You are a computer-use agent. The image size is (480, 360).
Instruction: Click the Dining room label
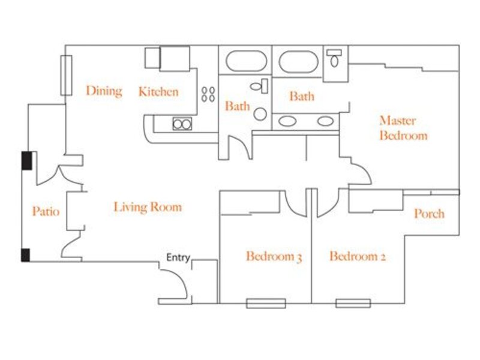point(104,91)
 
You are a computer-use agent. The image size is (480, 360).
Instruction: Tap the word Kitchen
point(158,92)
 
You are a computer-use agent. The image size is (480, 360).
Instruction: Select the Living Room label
point(148,207)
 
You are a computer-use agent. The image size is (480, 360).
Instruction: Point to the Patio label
point(46,211)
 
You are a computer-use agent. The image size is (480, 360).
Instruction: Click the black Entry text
point(178,257)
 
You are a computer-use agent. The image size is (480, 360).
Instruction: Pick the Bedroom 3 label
point(274,257)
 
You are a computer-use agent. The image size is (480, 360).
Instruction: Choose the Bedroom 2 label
point(357,256)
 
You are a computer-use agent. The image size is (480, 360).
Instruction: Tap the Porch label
point(429,214)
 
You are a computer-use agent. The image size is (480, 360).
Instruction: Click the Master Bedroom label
point(403,128)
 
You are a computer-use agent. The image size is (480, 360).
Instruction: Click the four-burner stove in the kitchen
point(208,94)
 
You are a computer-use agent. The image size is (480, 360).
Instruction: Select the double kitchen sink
point(182,124)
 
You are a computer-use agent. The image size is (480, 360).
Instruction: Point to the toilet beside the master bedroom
point(334,58)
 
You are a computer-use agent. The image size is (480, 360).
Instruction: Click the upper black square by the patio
point(26,161)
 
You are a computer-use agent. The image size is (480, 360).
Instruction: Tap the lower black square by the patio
point(25,256)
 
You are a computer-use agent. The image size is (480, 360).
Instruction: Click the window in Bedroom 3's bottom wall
point(266,304)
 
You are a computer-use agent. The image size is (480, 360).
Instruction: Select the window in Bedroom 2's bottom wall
point(353,304)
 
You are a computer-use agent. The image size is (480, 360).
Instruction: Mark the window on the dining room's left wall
point(67,76)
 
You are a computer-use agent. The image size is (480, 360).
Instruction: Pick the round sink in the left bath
point(260,114)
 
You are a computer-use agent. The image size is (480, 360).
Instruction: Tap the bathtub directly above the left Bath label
point(246,61)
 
